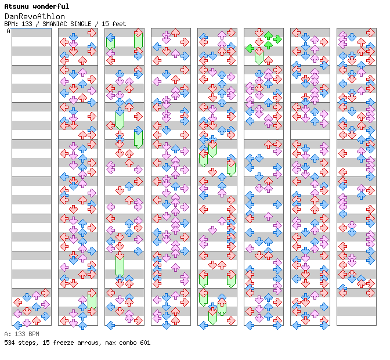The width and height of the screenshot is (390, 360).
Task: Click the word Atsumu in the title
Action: [x=16, y=6]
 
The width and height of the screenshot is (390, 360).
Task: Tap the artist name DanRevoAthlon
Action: [x=35, y=17]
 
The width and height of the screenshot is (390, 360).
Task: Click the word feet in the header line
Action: [x=119, y=24]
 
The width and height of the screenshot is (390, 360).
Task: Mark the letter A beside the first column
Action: [x=9, y=31]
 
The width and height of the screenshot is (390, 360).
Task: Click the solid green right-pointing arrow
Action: [x=277, y=39]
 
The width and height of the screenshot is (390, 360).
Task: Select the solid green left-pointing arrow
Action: [x=250, y=48]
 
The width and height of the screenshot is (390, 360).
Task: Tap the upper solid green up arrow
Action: [x=268, y=36]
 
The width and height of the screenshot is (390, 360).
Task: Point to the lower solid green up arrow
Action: [x=268, y=45]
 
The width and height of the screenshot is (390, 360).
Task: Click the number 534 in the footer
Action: [x=9, y=343]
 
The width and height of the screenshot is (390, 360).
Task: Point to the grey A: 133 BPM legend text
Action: [x=22, y=334]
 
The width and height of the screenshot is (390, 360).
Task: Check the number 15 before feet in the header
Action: [x=105, y=24]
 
